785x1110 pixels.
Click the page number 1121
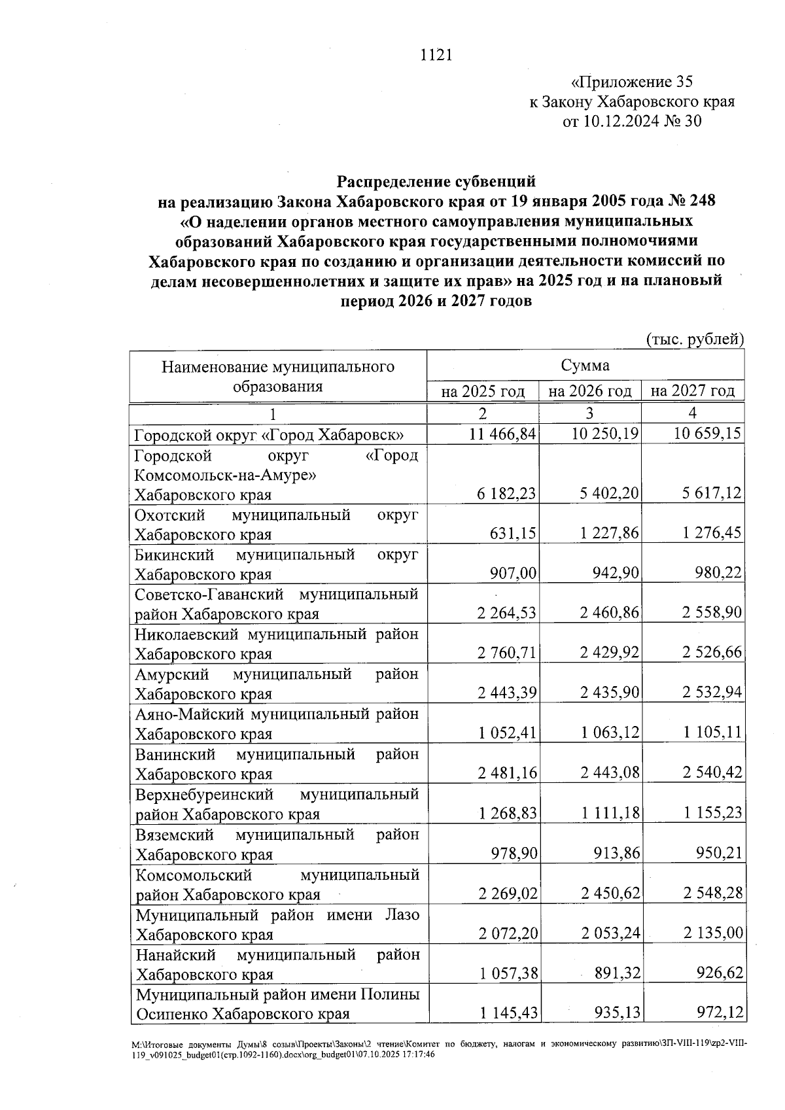click(436, 55)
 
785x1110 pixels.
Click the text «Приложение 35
click(631, 82)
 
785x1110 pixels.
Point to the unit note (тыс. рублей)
click(695, 339)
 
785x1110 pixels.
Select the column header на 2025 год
click(483, 391)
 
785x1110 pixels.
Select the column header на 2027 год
click(693, 391)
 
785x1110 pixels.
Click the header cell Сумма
click(585, 366)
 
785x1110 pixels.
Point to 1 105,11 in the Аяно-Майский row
click(712, 733)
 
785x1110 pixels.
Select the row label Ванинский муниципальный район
click(277, 764)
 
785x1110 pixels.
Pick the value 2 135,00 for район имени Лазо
click(713, 933)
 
